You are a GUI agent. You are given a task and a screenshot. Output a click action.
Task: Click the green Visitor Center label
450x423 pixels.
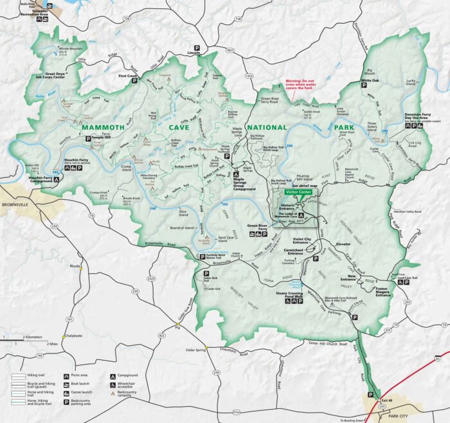tap(300, 191)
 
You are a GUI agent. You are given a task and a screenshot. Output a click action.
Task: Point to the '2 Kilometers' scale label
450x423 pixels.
tap(33, 337)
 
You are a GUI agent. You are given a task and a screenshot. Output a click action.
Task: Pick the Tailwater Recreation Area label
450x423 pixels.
tap(44, 11)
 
